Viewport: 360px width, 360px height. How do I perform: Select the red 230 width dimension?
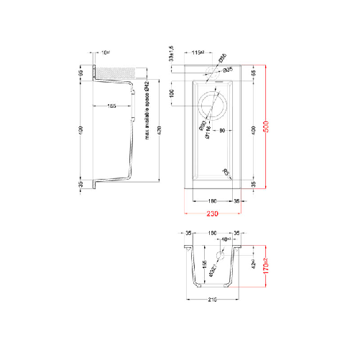click(x=212, y=213)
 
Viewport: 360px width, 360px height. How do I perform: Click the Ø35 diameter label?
click(x=227, y=70)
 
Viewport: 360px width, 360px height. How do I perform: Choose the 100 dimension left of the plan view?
click(x=172, y=93)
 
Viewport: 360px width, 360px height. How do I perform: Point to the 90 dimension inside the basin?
click(x=223, y=130)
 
